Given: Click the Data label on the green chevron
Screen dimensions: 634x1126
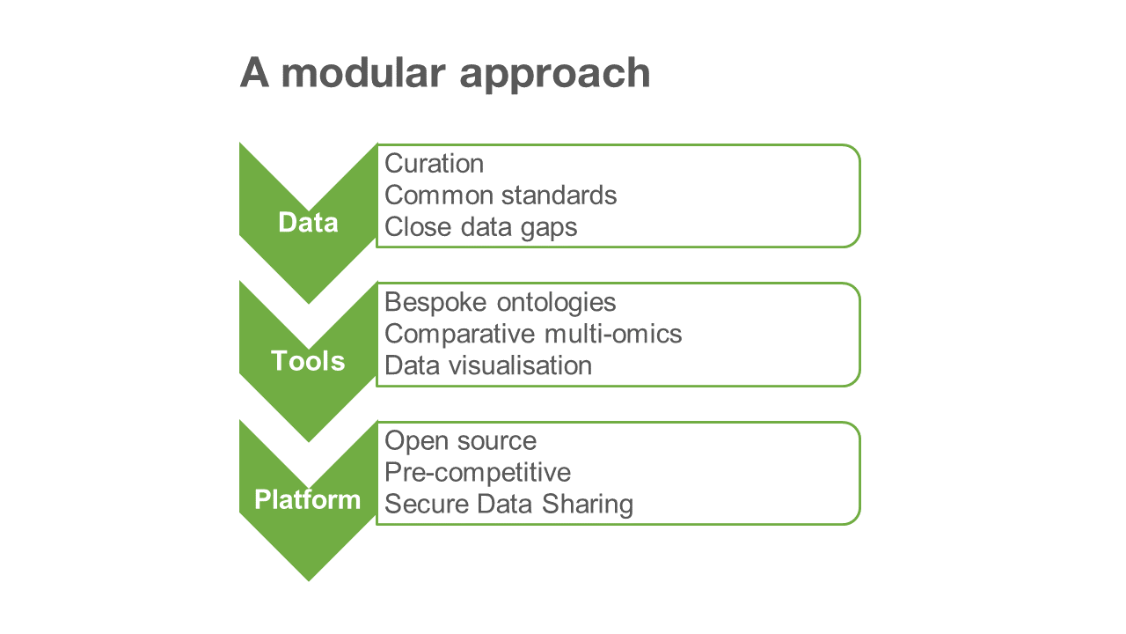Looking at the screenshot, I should [x=308, y=223].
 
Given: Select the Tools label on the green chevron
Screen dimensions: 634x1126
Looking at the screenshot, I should [x=308, y=361].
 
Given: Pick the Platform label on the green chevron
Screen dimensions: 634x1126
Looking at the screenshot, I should [x=308, y=500].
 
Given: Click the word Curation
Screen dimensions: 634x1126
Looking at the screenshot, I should [x=435, y=164].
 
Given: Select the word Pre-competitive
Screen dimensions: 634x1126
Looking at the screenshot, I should [x=478, y=473].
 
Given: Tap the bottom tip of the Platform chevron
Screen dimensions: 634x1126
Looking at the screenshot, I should [x=309, y=577].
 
